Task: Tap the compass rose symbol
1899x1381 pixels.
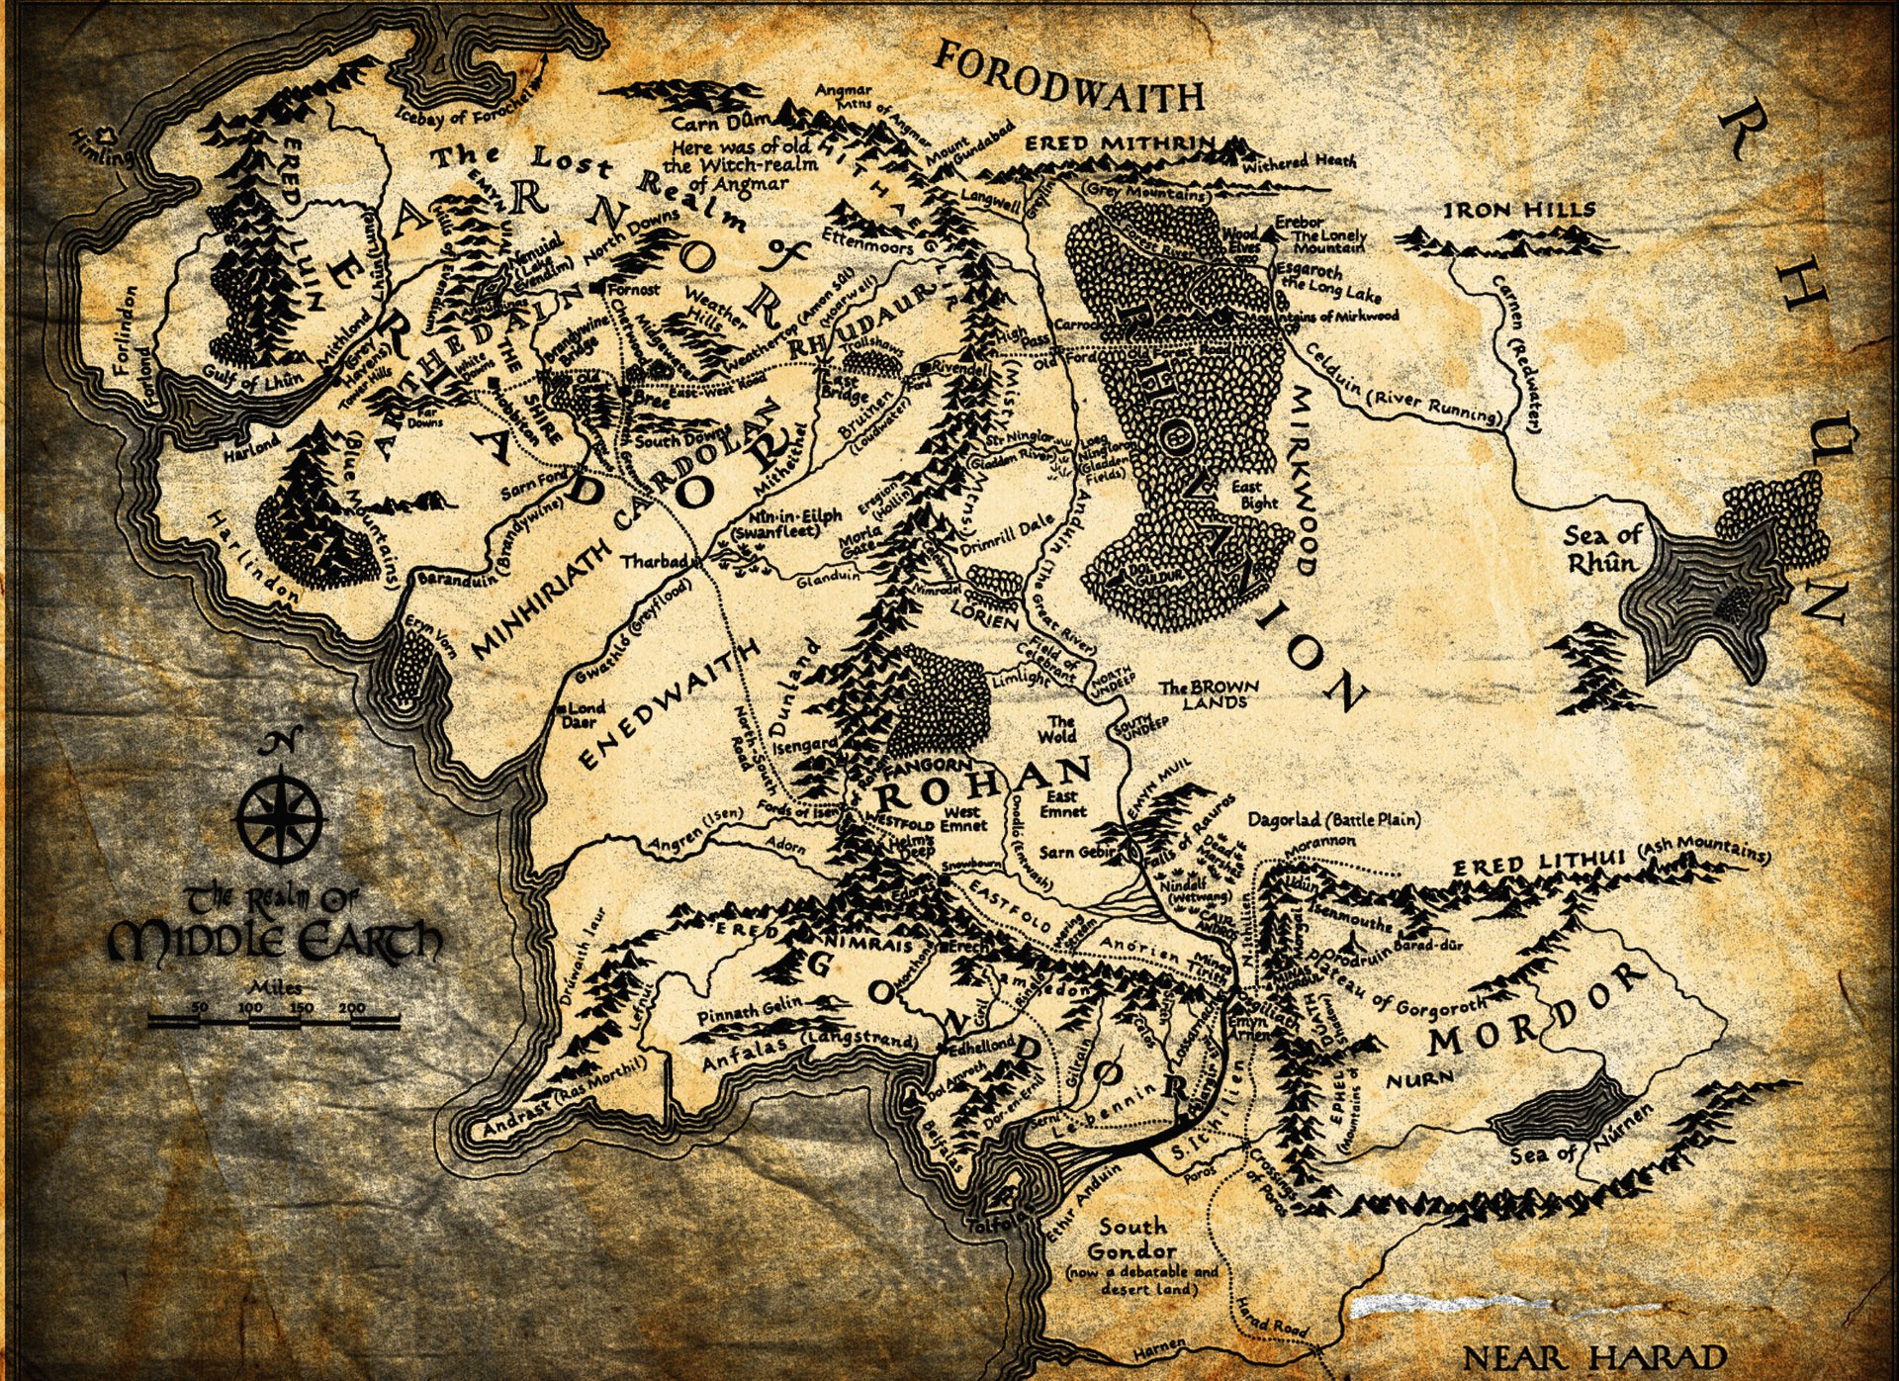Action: click(282, 813)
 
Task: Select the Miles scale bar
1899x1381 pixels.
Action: click(274, 1018)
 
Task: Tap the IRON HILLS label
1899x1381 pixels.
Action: click(1520, 210)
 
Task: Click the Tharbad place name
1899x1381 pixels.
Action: click(654, 561)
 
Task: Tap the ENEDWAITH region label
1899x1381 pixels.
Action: click(670, 704)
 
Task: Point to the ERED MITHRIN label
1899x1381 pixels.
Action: click(1118, 143)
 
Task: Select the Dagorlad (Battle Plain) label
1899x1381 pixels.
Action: click(1333, 819)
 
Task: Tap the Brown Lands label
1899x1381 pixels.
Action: click(1209, 693)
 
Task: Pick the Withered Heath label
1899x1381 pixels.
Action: click(1300, 160)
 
